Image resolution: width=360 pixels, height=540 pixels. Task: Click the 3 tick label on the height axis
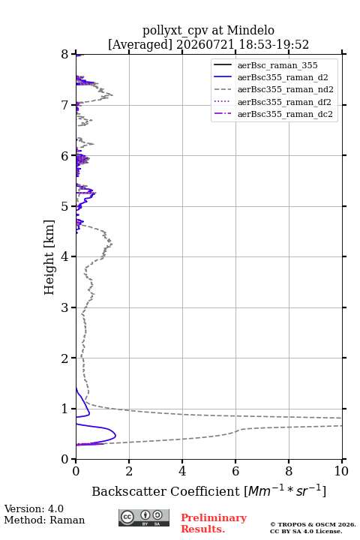click(x=65, y=307)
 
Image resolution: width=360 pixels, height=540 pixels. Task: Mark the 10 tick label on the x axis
click(x=341, y=471)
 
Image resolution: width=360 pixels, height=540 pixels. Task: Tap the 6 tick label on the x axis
click(x=235, y=471)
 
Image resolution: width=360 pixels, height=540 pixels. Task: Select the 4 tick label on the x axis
click(x=182, y=471)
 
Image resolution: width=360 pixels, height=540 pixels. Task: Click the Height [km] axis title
click(x=49, y=257)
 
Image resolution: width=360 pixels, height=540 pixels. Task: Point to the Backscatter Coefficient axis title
click(x=208, y=491)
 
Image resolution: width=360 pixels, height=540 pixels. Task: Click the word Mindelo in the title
click(x=250, y=30)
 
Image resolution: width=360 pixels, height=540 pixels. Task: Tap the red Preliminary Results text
click(x=214, y=523)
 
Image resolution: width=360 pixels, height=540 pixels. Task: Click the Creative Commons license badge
click(x=144, y=518)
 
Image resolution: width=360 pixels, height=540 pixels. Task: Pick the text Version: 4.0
click(x=34, y=508)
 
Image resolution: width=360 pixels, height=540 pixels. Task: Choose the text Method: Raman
click(x=44, y=520)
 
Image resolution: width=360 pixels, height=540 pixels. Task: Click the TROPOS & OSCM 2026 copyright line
click(x=313, y=524)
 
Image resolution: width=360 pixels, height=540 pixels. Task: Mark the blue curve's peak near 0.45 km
click(x=115, y=436)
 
